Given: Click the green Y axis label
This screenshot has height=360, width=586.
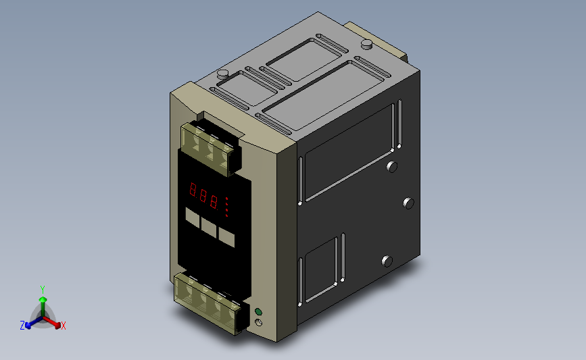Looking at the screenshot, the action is (x=42, y=290).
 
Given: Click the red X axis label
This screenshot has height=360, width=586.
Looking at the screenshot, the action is (x=63, y=326).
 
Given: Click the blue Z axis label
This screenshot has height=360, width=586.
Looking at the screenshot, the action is (x=22, y=326).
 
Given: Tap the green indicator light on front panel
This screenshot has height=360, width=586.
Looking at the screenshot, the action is (x=258, y=312).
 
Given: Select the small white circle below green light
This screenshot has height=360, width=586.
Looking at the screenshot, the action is (x=258, y=323).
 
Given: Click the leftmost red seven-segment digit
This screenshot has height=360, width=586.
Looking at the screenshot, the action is (x=193, y=190).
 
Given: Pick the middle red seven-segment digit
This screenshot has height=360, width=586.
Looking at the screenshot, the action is (x=203, y=195).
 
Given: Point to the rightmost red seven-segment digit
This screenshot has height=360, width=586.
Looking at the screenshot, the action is (x=214, y=202).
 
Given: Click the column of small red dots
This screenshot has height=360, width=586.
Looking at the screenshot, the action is (x=227, y=207).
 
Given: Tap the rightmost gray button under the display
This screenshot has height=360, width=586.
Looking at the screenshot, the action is (x=226, y=237).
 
